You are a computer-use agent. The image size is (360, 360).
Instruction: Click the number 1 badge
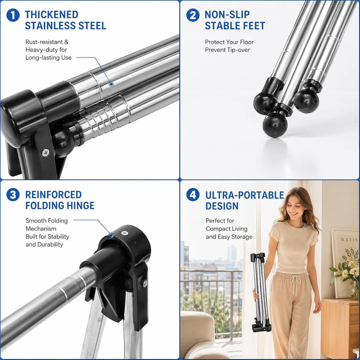pyautogui.click(x=13, y=15)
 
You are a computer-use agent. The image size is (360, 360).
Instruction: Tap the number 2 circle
pyautogui.click(x=193, y=15)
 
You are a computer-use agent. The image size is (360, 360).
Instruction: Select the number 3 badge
pyautogui.click(x=13, y=194)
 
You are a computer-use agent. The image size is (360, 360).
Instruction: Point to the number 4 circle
pyautogui.click(x=193, y=194)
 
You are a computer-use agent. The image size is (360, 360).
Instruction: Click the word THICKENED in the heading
pyautogui.click(x=51, y=14)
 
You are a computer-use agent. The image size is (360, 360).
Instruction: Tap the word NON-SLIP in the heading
pyautogui.click(x=227, y=14)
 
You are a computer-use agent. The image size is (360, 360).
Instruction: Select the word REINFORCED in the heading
pyautogui.click(x=53, y=194)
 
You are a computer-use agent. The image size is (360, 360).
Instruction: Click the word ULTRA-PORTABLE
pyautogui.click(x=244, y=195)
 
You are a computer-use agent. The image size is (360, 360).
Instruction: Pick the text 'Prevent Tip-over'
pyautogui.click(x=227, y=50)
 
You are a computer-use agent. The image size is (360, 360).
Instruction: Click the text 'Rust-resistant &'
pyautogui.click(x=47, y=42)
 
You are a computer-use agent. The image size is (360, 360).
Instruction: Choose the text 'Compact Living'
pyautogui.click(x=226, y=228)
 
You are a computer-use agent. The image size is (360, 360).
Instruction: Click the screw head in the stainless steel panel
pyautogui.click(x=45, y=152)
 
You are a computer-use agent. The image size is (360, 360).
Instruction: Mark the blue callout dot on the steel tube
pyautogui.click(x=111, y=84)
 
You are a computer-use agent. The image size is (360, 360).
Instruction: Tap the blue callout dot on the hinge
pyautogui.click(x=111, y=235)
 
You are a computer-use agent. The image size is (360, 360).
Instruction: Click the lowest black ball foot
pyautogui.click(x=275, y=125)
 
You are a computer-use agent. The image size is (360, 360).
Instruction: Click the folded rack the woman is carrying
pyautogui.click(x=260, y=292)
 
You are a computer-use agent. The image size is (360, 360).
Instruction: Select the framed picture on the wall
pyautogui.click(x=345, y=263)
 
